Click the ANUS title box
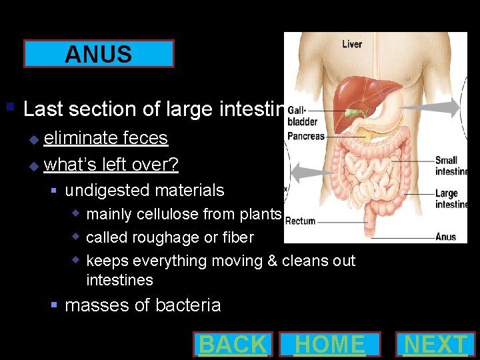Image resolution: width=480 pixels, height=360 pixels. pyautogui.click(x=99, y=54)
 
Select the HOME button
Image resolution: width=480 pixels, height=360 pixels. pyautogui.click(x=330, y=345)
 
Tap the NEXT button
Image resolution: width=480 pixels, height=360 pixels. pyautogui.click(x=436, y=345)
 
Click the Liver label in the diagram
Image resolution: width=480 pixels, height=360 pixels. pyautogui.click(x=352, y=45)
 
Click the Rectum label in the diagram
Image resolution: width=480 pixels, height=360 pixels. pyautogui.click(x=300, y=221)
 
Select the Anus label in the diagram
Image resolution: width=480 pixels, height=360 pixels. pyautogui.click(x=445, y=237)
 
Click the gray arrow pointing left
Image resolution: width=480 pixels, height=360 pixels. pyautogui.click(x=313, y=174)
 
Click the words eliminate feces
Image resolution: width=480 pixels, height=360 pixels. pyautogui.click(x=105, y=138)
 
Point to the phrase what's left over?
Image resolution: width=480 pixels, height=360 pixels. pyautogui.click(x=111, y=164)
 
